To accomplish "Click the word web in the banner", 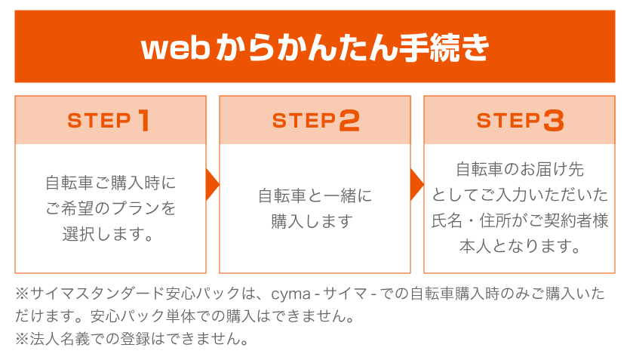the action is point(176,48).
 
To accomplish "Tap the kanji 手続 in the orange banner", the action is point(431,48).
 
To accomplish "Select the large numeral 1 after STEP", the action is point(143,121).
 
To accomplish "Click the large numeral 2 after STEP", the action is point(349,121).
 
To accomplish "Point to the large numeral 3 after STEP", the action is point(554,121).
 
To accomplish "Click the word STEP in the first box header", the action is point(100,121).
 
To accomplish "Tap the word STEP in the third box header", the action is point(509,121).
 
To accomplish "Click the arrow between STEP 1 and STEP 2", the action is point(212,184).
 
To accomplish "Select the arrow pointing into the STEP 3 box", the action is point(416,184).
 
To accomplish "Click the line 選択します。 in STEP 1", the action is point(108,234).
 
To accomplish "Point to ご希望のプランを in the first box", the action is point(110,208).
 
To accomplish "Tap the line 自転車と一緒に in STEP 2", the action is point(315,195).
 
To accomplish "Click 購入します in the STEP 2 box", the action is point(312,221).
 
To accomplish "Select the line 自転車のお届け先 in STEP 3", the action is point(520,169).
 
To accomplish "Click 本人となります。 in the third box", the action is point(520,246).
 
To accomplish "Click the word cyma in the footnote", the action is point(291,294).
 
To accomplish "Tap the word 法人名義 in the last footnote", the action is point(60,339).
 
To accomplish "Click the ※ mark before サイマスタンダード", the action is point(22,294).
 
